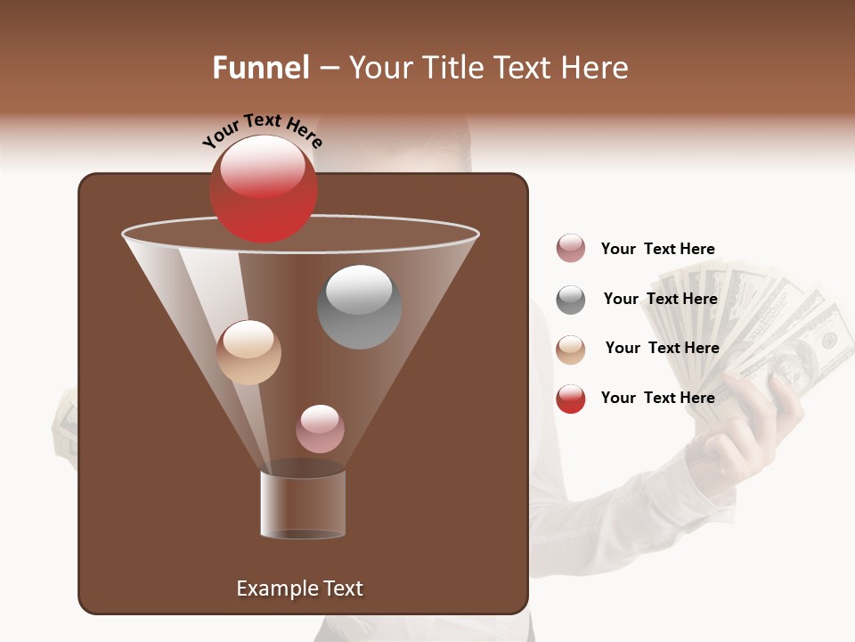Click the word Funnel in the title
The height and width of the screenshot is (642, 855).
(x=260, y=68)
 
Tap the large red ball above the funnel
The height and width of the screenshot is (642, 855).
(x=263, y=189)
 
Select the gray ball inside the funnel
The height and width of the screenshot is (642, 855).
(x=359, y=307)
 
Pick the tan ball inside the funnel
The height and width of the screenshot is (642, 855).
(x=249, y=352)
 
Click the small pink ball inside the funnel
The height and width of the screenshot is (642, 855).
(x=320, y=429)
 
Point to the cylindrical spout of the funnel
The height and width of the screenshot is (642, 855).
(x=303, y=504)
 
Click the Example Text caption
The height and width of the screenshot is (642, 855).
(x=299, y=588)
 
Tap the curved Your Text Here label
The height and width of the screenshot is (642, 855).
(x=262, y=131)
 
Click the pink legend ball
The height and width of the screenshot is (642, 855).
(x=571, y=249)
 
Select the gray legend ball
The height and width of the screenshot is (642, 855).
(x=571, y=300)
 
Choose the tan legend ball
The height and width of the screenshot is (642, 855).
(x=571, y=350)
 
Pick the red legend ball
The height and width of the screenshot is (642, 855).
(x=571, y=399)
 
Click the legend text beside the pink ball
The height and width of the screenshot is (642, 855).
(x=657, y=249)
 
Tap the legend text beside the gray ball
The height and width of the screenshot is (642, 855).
(x=660, y=299)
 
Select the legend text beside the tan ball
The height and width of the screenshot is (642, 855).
(x=662, y=348)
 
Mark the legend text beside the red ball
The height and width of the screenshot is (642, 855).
(x=657, y=398)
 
